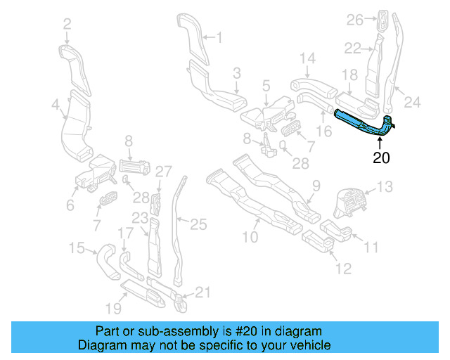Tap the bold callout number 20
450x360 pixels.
click(x=380, y=158)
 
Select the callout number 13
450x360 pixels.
click(x=385, y=187)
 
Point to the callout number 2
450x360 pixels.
click(x=67, y=25)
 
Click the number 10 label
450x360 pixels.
click(x=250, y=238)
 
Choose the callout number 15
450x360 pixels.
click(x=76, y=247)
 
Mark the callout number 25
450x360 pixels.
click(x=199, y=224)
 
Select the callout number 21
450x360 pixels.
click(x=202, y=292)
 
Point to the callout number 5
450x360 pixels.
click(x=266, y=86)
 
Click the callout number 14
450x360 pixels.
click(x=308, y=58)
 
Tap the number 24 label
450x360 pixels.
click(x=412, y=103)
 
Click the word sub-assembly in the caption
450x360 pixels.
click(x=159, y=331)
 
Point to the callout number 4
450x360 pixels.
click(x=55, y=105)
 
